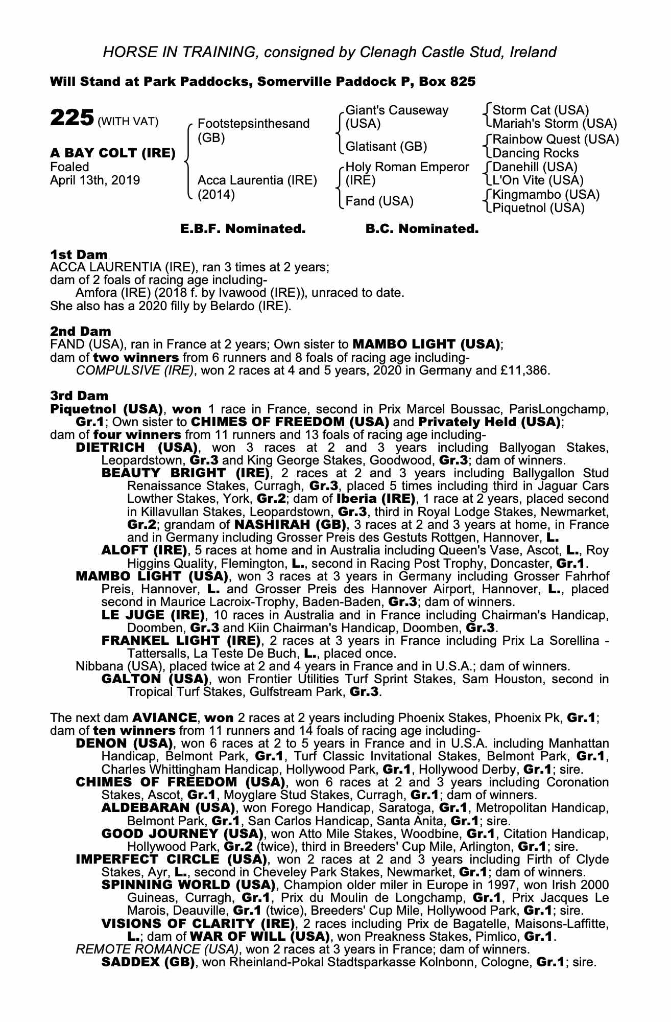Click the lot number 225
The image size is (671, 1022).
[71, 118]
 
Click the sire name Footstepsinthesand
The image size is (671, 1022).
[253, 124]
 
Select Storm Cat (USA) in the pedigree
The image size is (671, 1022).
[541, 110]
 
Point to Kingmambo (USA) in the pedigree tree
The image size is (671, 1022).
[546, 195]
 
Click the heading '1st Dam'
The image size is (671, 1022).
[79, 254]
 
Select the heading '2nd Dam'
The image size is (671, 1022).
[81, 331]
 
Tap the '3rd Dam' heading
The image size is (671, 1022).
[79, 396]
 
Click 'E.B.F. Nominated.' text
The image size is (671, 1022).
[243, 229]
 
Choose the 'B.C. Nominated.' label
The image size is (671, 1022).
[422, 229]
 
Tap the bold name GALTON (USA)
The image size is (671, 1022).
[155, 679]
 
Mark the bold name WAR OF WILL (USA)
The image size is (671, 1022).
[259, 937]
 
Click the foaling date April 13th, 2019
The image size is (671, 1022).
[95, 180]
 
